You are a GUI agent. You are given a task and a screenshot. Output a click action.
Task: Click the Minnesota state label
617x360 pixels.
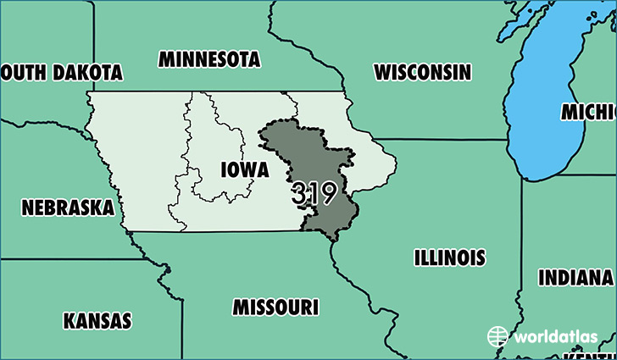(x=208, y=59)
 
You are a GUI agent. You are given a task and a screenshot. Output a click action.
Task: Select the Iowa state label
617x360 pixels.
(x=244, y=169)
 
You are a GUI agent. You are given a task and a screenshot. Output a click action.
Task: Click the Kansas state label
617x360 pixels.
(x=97, y=321)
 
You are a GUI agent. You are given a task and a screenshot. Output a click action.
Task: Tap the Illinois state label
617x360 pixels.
(x=450, y=257)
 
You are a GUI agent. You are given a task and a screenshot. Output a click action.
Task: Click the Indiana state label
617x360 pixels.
(x=575, y=278)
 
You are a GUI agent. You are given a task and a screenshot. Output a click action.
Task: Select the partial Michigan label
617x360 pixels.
(x=588, y=112)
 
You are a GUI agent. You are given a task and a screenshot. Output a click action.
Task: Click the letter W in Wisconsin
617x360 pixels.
(x=384, y=71)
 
